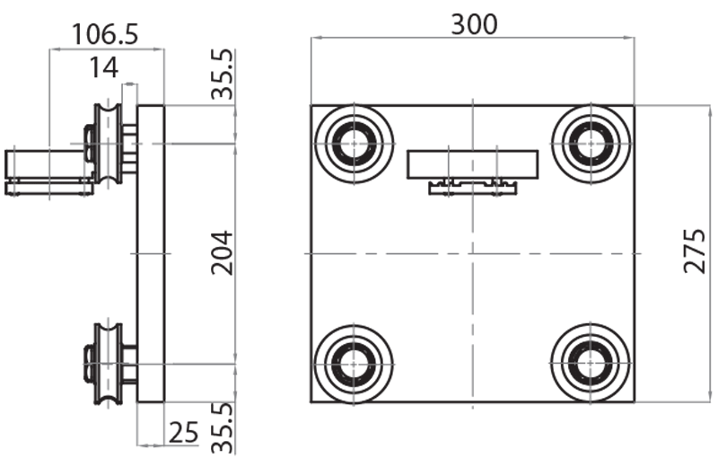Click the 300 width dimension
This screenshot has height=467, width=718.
point(473,24)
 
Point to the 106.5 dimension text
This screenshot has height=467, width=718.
point(105,34)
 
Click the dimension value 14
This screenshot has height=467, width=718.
point(105,67)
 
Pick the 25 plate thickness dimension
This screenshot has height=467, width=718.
point(183,434)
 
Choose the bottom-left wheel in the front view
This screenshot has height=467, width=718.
point(355,363)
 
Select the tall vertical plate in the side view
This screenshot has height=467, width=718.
point(151,252)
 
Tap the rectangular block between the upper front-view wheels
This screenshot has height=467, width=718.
point(473,164)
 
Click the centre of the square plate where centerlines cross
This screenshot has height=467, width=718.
point(472,253)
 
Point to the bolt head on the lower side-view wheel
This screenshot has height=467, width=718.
point(88,364)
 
